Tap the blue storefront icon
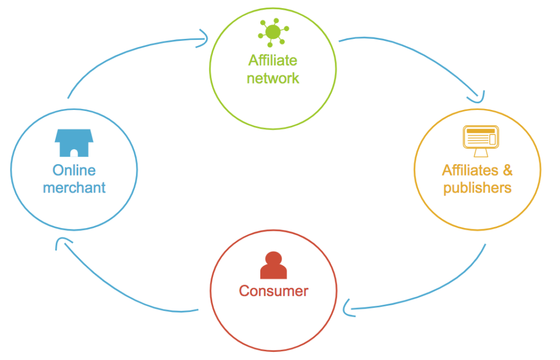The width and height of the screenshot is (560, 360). (x=74, y=143)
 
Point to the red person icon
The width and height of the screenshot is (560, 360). (x=273, y=265)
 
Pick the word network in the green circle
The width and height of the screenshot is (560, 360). (x=273, y=78)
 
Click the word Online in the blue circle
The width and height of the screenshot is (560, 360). (x=74, y=170)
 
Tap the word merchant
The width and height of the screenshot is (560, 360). (x=74, y=188)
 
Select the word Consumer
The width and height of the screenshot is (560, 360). (x=273, y=291)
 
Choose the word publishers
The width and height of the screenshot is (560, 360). (x=477, y=188)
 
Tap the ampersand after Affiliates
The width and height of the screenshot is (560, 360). (x=507, y=170)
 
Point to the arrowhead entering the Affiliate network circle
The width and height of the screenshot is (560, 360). (x=203, y=38)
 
